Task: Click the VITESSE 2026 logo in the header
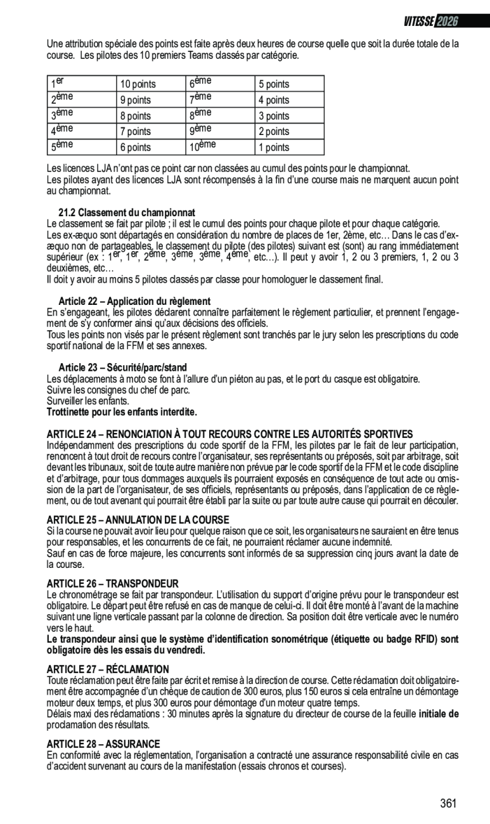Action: (431, 21)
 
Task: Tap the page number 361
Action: (448, 804)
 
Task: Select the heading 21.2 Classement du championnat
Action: (127, 212)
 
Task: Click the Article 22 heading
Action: (134, 301)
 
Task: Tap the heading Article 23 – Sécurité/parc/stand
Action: (122, 368)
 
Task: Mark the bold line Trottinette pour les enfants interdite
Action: (122, 413)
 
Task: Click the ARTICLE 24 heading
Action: (229, 434)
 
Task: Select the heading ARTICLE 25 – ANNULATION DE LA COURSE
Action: (138, 520)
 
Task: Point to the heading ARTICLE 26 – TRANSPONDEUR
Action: (113, 583)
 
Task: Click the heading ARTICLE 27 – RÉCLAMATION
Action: (108, 669)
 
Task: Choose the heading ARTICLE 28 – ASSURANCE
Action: (103, 744)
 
